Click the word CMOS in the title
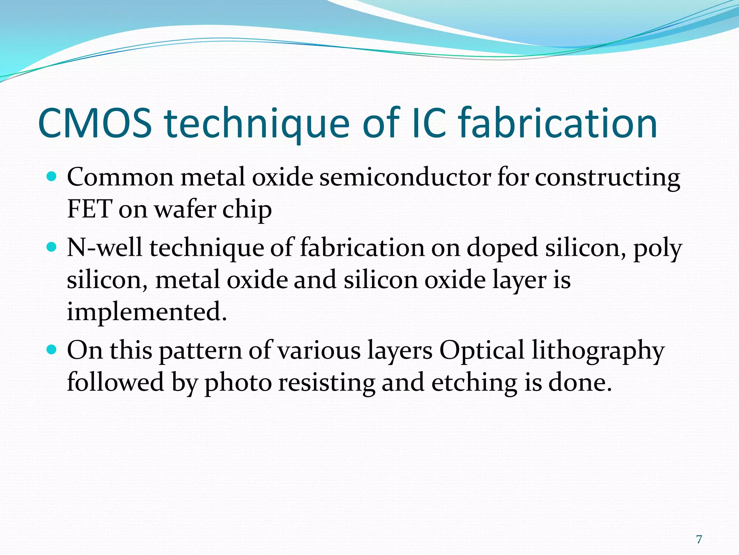point(95,124)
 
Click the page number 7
point(699,539)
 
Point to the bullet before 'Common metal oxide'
point(52,177)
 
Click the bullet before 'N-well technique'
point(52,247)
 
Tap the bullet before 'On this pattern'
point(52,350)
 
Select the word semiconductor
point(405,177)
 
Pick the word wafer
point(185,209)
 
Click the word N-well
point(105,248)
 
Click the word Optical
point(481,351)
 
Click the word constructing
point(607,178)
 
